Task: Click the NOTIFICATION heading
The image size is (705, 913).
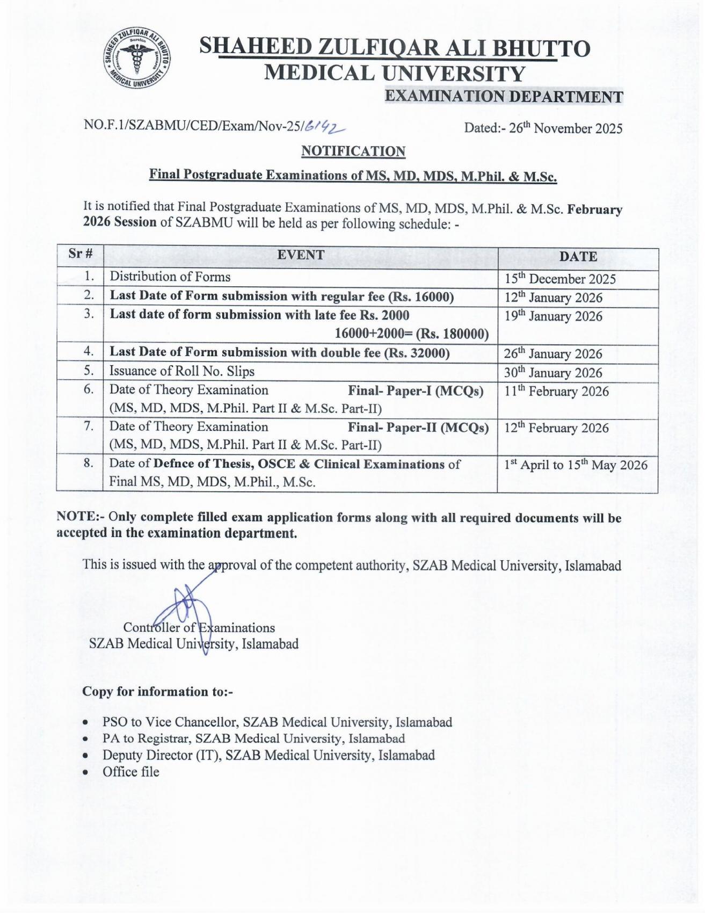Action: click(x=353, y=151)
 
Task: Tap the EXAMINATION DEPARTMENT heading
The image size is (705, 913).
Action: click(x=504, y=97)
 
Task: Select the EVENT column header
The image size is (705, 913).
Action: click(x=301, y=255)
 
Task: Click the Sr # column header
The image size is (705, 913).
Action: click(x=81, y=253)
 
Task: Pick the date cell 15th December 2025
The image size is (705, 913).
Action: click(x=559, y=279)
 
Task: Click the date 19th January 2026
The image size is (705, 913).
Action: click(x=553, y=316)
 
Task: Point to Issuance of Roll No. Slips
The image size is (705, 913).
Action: click(x=182, y=371)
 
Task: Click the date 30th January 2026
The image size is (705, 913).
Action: click(x=553, y=373)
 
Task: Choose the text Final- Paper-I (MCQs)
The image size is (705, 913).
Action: click(x=416, y=391)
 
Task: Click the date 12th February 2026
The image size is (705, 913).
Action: click(x=556, y=428)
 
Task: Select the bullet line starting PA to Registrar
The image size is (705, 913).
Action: click(x=253, y=739)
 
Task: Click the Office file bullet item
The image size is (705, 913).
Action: click(x=131, y=772)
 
